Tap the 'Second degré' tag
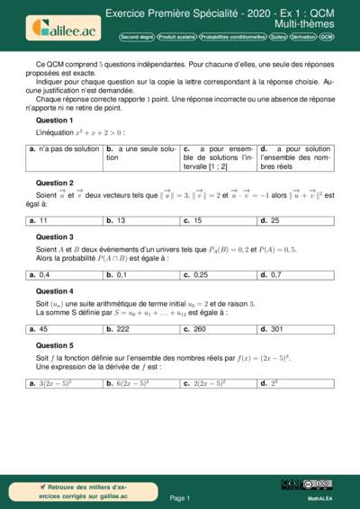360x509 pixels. [136, 38]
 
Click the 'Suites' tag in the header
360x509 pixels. [278, 38]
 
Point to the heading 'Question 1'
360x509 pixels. [54, 120]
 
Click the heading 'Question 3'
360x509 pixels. [54, 237]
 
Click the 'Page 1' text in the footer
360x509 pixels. [179, 496]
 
